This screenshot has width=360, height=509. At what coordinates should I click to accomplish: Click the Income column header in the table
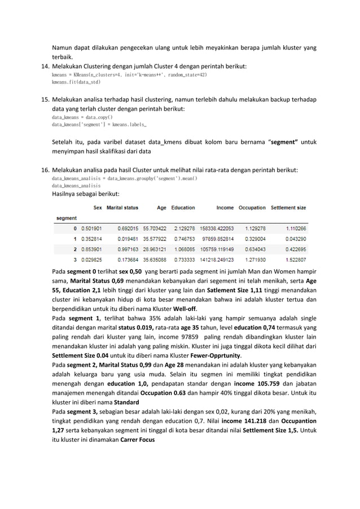tap(225, 208)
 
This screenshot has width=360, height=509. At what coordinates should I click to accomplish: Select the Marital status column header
tap(122, 208)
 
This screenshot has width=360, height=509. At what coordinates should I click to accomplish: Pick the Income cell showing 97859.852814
tap(217, 239)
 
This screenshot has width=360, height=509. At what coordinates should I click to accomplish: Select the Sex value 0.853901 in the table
tap(89, 249)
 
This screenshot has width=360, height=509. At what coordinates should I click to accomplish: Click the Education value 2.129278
tap(183, 229)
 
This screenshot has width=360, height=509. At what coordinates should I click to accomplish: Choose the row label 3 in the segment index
tap(75, 259)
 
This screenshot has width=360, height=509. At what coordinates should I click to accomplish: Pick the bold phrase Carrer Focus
tap(138, 440)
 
